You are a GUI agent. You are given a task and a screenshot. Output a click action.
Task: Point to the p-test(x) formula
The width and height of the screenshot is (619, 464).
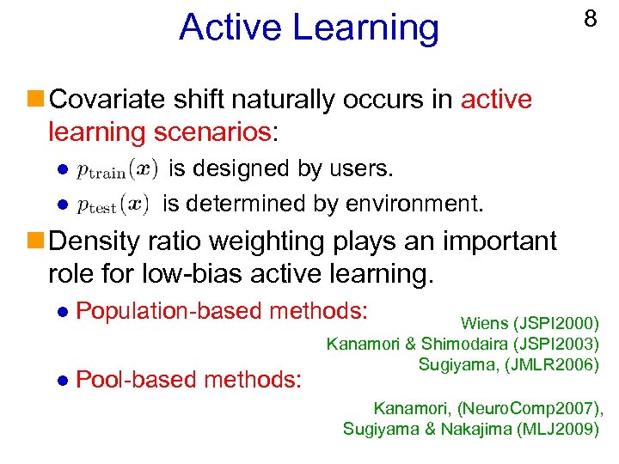pos(113,205)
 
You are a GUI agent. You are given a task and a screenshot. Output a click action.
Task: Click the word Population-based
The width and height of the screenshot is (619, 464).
pos(166,309)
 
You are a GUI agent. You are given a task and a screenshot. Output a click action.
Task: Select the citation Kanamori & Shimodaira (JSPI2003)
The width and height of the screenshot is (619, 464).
pos(463,345)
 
